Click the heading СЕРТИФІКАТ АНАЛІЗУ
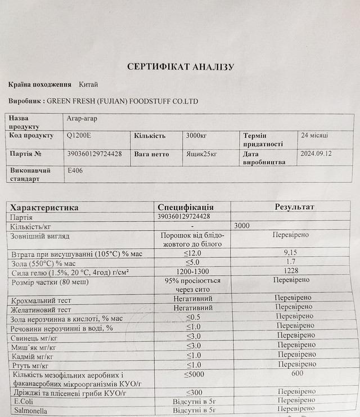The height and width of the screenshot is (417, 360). coord(181,67)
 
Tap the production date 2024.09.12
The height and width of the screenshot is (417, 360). coord(316,153)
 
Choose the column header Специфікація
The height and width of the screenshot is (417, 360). coord(186,207)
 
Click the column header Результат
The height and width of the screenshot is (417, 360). coord(294,207)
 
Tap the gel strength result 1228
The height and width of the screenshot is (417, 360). coord(291,271)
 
